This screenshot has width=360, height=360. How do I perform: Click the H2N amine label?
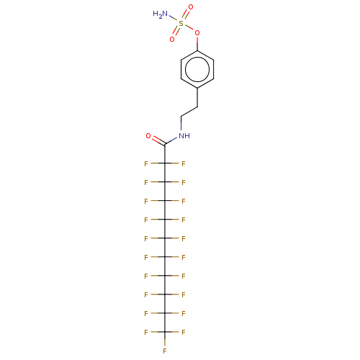coord(160,14)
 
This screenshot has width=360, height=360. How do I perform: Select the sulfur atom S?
coord(181,23)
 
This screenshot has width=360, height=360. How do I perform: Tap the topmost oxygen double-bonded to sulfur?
coord(191,7)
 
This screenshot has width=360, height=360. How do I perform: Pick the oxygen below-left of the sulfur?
coord(172,39)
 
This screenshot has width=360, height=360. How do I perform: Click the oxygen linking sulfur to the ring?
coord(197,33)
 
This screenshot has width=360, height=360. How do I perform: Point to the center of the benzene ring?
coord(197,69)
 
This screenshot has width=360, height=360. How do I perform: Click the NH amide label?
coord(184,136)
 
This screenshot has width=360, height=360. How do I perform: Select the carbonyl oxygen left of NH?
coord(148,136)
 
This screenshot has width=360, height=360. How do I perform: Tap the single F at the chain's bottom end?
coord(165,351)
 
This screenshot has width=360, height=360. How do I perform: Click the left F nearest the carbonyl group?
coord(146,164)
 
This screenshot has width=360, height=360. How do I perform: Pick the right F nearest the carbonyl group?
coord(184,164)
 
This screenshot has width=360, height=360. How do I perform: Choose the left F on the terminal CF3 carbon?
coord(146,333)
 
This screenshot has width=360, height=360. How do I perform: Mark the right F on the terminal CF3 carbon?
coord(184,333)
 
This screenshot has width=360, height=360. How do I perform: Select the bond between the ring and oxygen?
coord(197,43)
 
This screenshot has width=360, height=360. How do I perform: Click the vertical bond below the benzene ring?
coord(197,97)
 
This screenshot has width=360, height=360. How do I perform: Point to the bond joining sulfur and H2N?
coord(174,19)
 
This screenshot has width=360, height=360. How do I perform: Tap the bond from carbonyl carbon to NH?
coord(171,141)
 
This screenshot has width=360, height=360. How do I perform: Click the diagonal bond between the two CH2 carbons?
coord(189,112)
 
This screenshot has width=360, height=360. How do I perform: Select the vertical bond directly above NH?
coord(181,124)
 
